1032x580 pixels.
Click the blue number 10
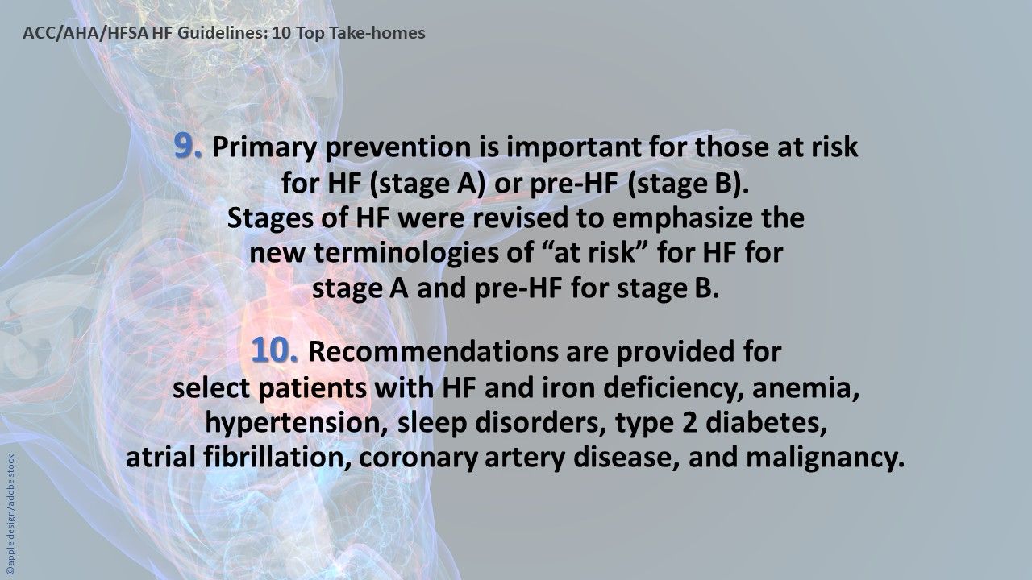(x=275, y=351)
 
